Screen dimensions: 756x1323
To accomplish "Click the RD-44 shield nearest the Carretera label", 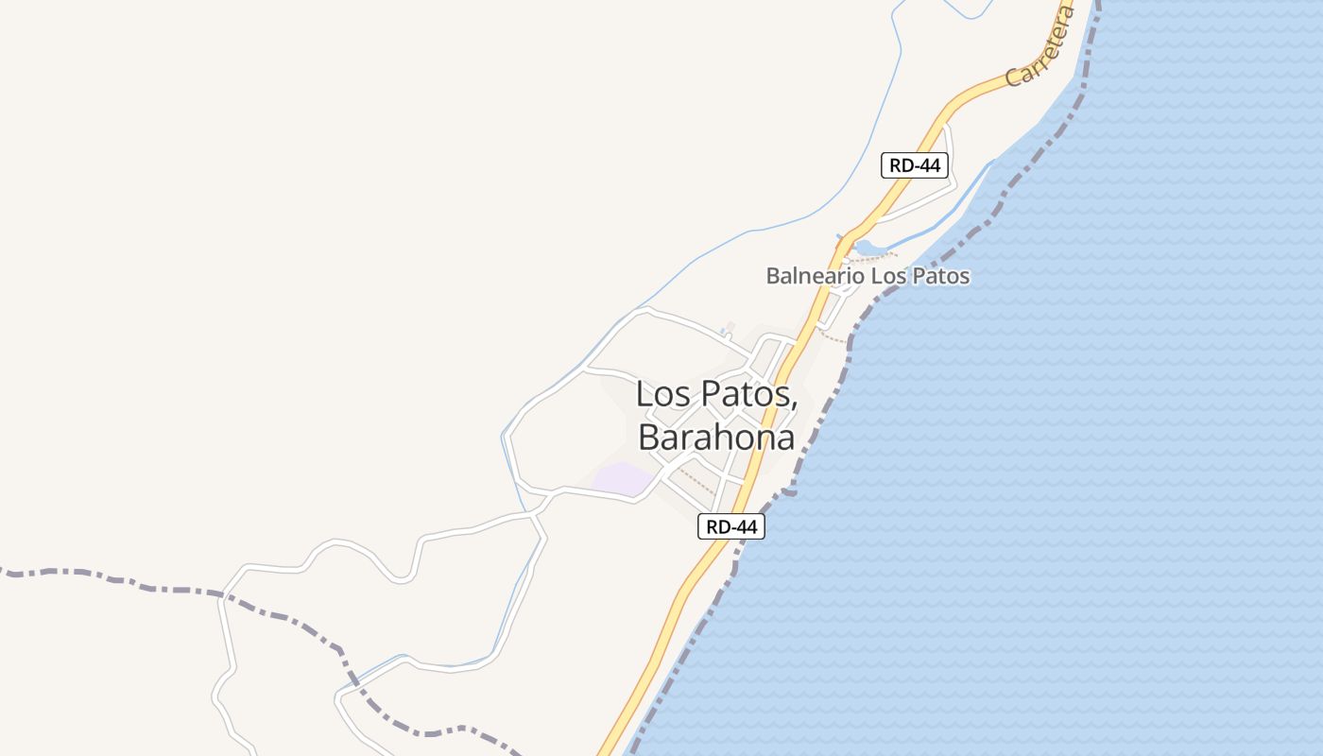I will point(915,165).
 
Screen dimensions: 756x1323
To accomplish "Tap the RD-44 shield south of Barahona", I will point(731,526).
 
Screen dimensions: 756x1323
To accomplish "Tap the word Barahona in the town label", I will point(715,437).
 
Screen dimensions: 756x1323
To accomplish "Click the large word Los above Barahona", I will point(663,393).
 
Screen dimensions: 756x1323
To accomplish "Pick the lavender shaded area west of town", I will point(622,478).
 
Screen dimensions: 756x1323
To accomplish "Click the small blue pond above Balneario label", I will point(869,249).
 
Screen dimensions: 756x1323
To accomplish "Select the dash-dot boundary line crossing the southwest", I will point(283,614).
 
